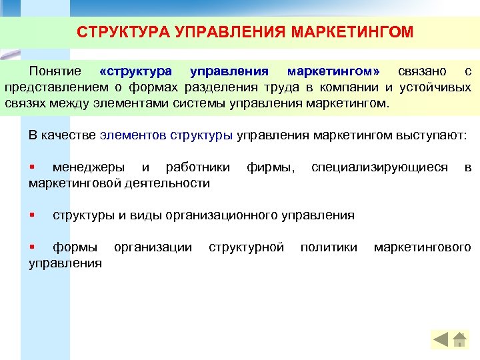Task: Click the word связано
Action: (422, 71)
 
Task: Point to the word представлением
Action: (55, 88)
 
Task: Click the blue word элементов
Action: (133, 135)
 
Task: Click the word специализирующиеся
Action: (379, 167)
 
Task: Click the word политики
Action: (329, 247)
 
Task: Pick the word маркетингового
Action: (422, 247)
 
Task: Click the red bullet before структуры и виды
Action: (31, 215)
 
